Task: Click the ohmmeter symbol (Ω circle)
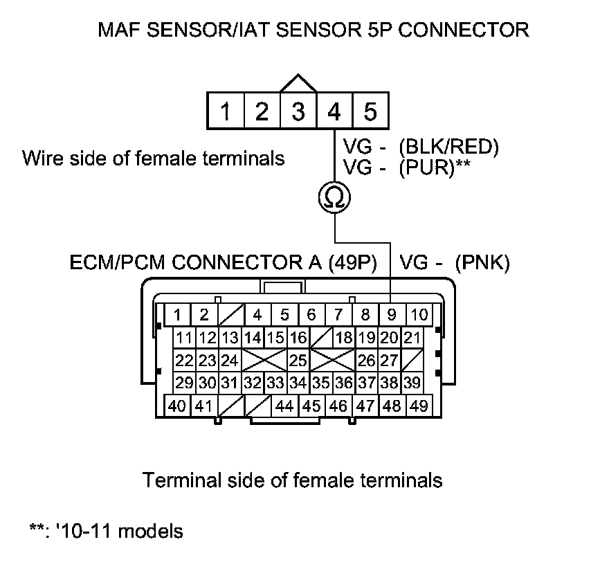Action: [334, 198]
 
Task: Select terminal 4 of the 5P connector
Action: [334, 111]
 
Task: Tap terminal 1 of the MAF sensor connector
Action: [226, 111]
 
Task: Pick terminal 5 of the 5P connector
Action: [370, 111]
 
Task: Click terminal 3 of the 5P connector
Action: [298, 111]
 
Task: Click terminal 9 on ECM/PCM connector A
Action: [392, 315]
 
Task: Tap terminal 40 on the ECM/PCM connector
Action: [177, 406]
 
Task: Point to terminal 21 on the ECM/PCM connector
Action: [412, 338]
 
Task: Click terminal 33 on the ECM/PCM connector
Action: [275, 383]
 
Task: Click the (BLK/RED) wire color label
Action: [448, 147]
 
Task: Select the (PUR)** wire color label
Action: [433, 169]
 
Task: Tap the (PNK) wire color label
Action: [482, 262]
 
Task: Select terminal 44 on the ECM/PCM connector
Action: [284, 406]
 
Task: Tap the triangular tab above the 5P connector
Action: [298, 84]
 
